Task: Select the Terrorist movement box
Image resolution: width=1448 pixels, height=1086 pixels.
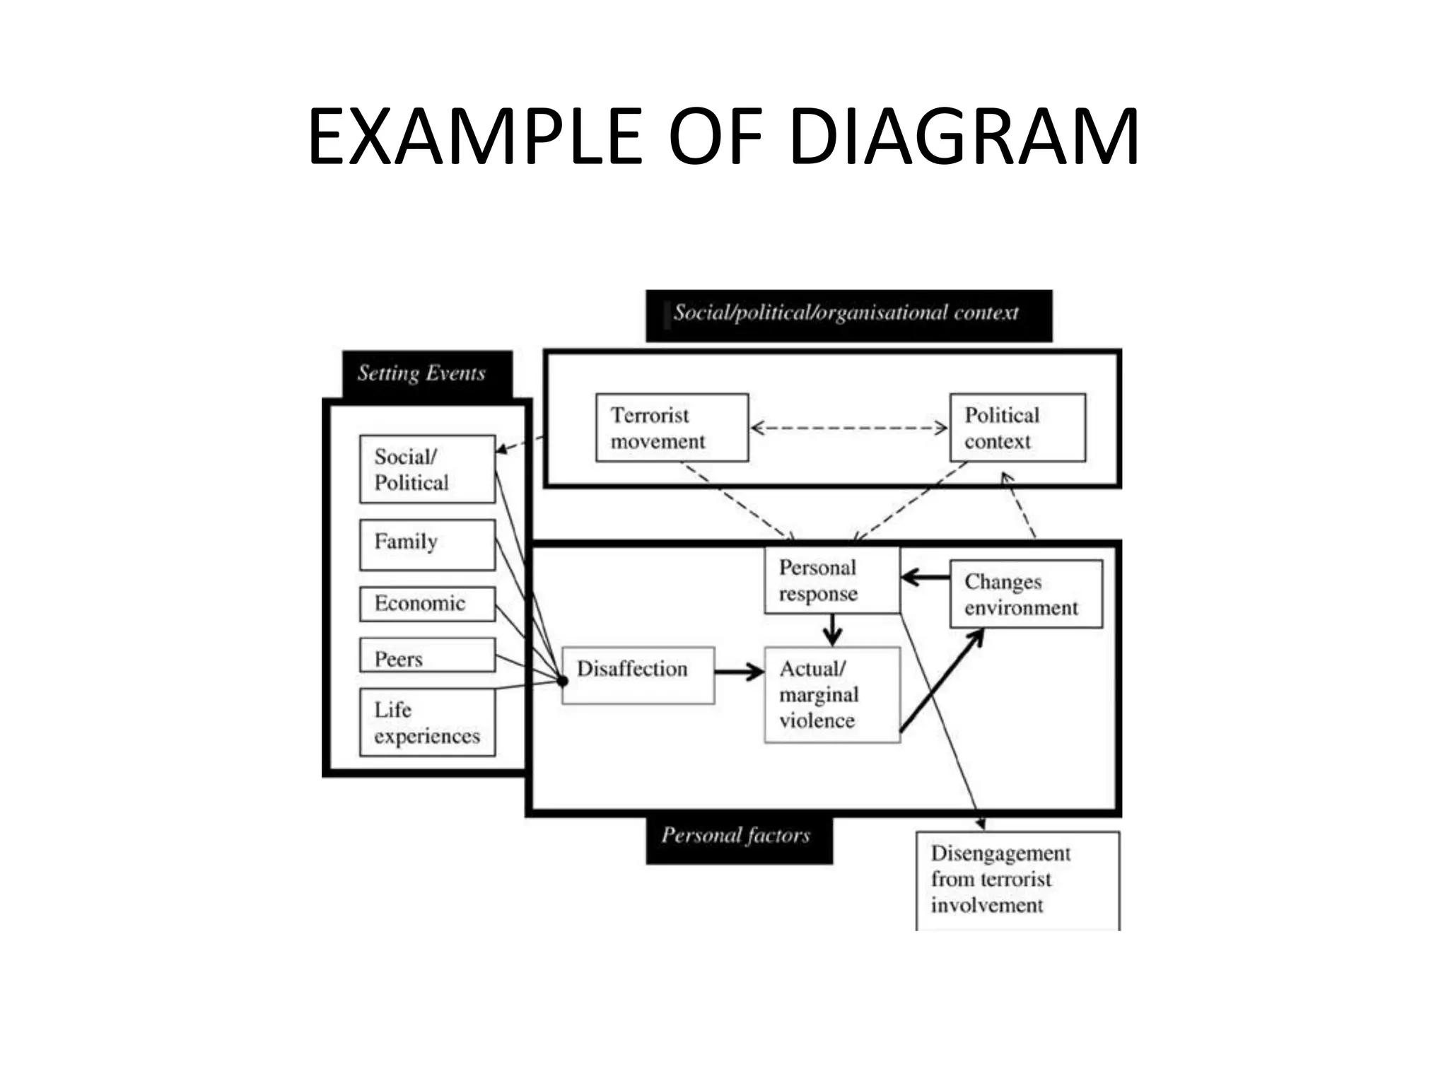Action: pyautogui.click(x=672, y=428)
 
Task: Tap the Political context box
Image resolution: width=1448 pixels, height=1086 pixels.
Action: pyautogui.click(x=1017, y=428)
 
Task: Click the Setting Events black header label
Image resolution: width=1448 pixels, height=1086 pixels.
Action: pyautogui.click(x=426, y=373)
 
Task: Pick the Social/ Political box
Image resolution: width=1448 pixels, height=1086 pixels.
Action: pyautogui.click(x=427, y=469)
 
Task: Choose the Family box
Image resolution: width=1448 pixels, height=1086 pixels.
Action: pyautogui.click(x=427, y=544)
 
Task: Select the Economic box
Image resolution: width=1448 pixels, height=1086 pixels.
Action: pyautogui.click(x=427, y=604)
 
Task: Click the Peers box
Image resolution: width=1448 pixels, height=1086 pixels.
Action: pyautogui.click(x=427, y=655)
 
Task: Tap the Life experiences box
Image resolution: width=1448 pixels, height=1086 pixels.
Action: pyautogui.click(x=427, y=723)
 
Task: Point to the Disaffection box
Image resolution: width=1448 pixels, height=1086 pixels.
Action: pyautogui.click(x=638, y=675)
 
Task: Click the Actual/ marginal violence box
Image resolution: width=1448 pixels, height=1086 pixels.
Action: pyautogui.click(x=832, y=694)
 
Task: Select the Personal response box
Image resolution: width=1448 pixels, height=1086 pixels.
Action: pyautogui.click(x=832, y=580)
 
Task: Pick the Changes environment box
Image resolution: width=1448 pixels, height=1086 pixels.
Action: pyautogui.click(x=1025, y=594)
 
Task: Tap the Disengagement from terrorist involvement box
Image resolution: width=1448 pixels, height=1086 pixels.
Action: pyautogui.click(x=1017, y=880)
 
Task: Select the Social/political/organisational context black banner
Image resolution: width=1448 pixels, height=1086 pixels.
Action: pyautogui.click(x=848, y=315)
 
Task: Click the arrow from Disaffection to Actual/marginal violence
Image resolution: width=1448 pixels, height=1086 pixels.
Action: pyautogui.click(x=740, y=672)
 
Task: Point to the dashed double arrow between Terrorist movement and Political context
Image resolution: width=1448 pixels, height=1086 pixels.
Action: pyautogui.click(x=848, y=428)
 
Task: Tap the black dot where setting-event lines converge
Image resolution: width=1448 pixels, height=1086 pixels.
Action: pyautogui.click(x=562, y=682)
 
